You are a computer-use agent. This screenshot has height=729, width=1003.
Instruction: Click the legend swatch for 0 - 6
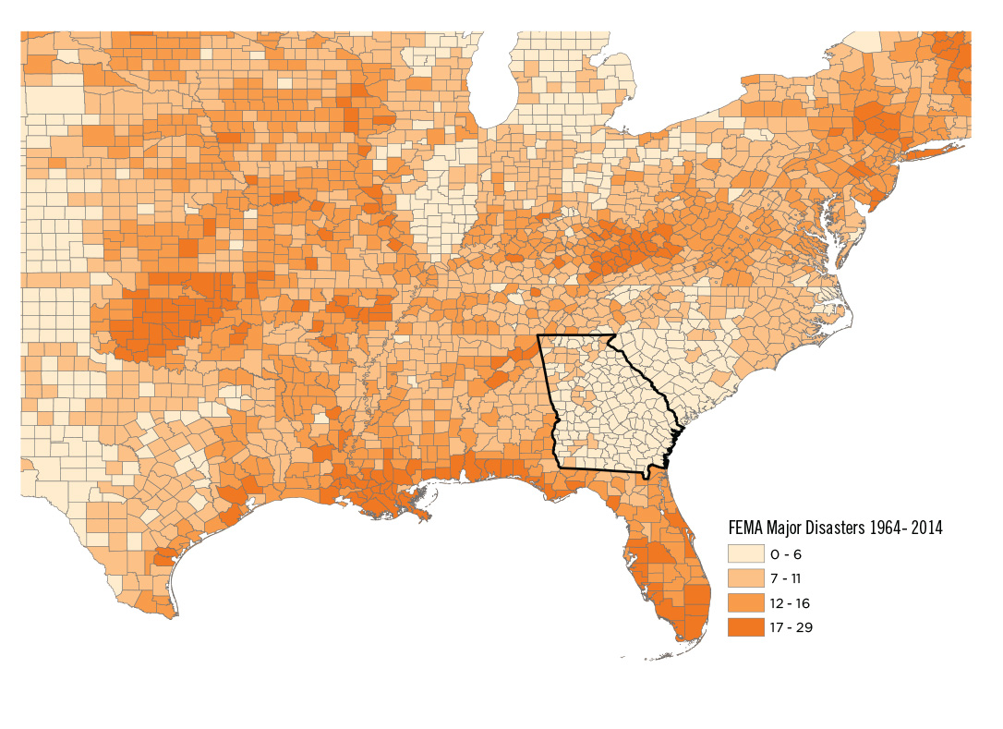click(x=745, y=554)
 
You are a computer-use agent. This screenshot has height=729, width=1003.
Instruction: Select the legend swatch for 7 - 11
click(x=745, y=578)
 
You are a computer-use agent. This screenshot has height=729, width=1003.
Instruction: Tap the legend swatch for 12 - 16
click(x=745, y=603)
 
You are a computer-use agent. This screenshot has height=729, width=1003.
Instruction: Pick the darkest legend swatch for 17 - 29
click(x=745, y=627)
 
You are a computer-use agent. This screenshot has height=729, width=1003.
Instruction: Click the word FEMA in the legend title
click(x=743, y=529)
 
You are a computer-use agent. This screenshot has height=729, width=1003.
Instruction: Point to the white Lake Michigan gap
click(x=494, y=83)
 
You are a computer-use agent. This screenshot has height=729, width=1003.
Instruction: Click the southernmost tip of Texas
click(x=175, y=614)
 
